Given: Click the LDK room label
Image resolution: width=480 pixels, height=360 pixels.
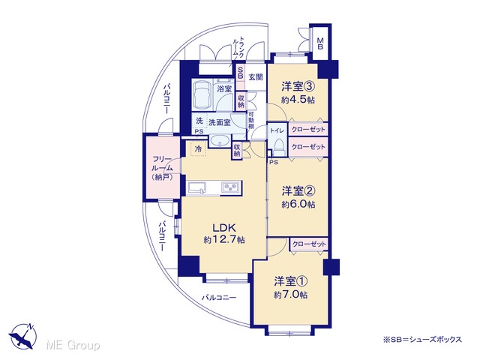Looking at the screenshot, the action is (x=224, y=227).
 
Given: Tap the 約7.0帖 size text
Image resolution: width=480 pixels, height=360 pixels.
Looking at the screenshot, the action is (x=290, y=295).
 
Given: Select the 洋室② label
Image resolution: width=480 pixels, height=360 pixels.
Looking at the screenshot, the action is (x=298, y=191).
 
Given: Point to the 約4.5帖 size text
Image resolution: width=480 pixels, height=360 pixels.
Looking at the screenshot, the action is (x=298, y=100).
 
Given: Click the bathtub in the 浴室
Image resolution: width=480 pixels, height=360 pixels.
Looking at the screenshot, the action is (x=202, y=94).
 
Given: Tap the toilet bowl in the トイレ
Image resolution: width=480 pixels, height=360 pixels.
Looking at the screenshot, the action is (x=279, y=147).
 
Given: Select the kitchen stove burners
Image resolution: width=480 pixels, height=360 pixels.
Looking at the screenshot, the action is (x=231, y=187).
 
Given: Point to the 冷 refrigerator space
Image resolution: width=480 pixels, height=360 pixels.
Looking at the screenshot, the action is (x=199, y=149).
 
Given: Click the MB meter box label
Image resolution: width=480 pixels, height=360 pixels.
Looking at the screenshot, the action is (x=320, y=43).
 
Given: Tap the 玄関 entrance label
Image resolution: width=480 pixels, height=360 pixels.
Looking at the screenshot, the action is (x=255, y=76).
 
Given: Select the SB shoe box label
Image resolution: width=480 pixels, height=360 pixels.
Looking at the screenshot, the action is (x=240, y=72).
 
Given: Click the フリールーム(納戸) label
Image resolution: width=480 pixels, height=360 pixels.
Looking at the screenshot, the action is (x=162, y=168).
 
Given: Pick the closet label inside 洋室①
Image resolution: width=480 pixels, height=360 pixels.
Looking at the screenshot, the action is (x=309, y=244).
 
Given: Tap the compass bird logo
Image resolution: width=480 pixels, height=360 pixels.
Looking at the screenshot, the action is (x=22, y=336).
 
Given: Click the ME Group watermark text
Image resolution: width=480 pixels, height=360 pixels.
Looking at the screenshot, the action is (x=73, y=346).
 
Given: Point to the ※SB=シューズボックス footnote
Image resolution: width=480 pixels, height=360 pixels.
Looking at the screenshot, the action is (x=422, y=340).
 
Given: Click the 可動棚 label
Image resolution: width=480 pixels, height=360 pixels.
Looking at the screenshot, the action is (x=251, y=120).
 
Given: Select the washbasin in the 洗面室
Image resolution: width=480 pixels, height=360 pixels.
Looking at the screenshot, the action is (x=220, y=141).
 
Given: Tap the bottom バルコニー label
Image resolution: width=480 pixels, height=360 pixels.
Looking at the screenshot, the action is (x=218, y=297).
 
